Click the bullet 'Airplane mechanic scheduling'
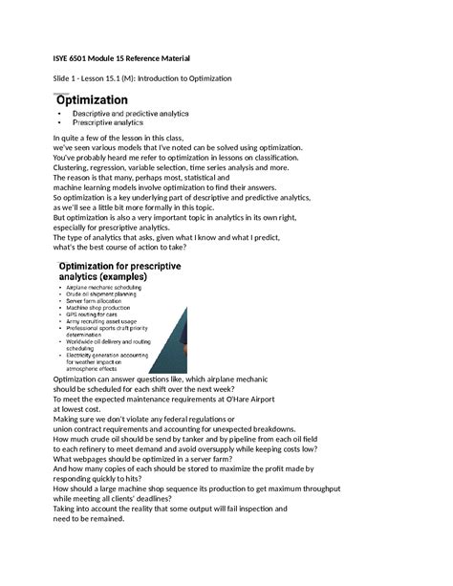(x=116, y=287)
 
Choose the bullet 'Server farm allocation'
(x=106, y=303)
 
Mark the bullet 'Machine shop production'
(x=110, y=311)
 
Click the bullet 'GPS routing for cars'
(x=101, y=318)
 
